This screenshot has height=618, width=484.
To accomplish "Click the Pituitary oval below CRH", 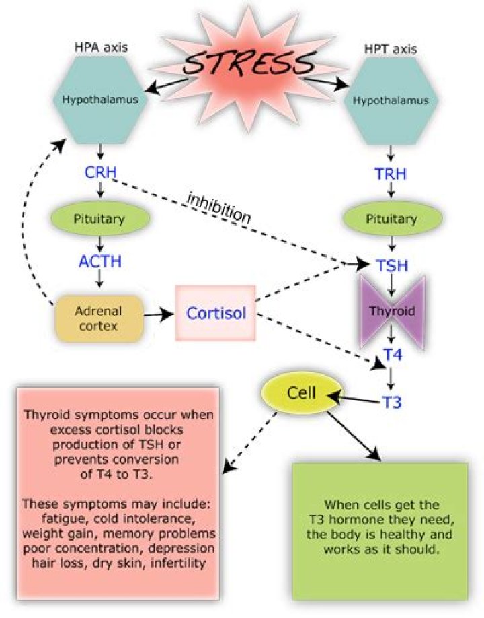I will (100, 219).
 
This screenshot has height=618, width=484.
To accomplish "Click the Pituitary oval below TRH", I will (391, 219).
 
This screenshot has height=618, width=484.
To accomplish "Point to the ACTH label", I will (100, 261).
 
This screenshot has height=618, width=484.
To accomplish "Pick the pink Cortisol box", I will (216, 313).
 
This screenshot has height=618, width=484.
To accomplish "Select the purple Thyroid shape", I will (391, 312).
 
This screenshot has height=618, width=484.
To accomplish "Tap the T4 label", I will (392, 355).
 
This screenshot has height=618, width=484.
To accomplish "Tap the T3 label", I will (392, 402).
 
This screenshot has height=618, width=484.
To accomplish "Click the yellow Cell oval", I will (296, 392).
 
